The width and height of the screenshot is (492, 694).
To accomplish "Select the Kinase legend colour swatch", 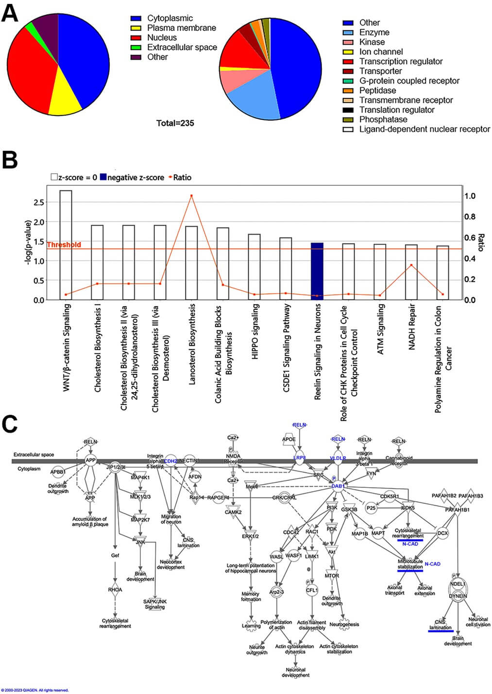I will point(348,42).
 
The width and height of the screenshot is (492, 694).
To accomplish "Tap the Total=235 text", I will point(175,123).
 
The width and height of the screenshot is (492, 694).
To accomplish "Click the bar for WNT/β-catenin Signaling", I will point(66,245).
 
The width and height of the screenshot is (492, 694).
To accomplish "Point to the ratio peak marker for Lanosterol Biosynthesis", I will point(191,196).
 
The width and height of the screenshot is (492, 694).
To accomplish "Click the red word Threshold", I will point(64,245).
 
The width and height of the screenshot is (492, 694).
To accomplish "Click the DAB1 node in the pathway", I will point(338,486).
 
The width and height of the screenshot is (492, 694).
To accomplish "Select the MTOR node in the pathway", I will point(332,576).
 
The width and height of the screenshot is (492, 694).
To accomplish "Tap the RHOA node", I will point(115,590).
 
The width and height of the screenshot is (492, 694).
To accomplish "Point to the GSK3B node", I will point(349,510).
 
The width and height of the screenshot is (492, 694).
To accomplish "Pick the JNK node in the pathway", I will point(140,542).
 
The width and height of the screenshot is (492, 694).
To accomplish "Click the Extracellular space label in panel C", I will point(34,455).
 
